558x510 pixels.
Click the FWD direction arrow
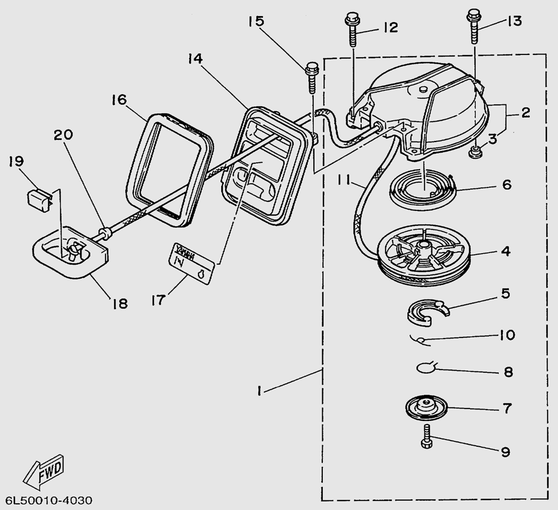(45, 470)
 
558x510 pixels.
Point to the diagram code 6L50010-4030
(48, 499)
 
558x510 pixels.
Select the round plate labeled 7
(425, 408)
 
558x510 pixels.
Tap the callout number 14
(196, 58)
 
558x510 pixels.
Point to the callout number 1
(258, 391)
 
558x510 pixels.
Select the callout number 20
(64, 135)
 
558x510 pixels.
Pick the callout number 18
(119, 303)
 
